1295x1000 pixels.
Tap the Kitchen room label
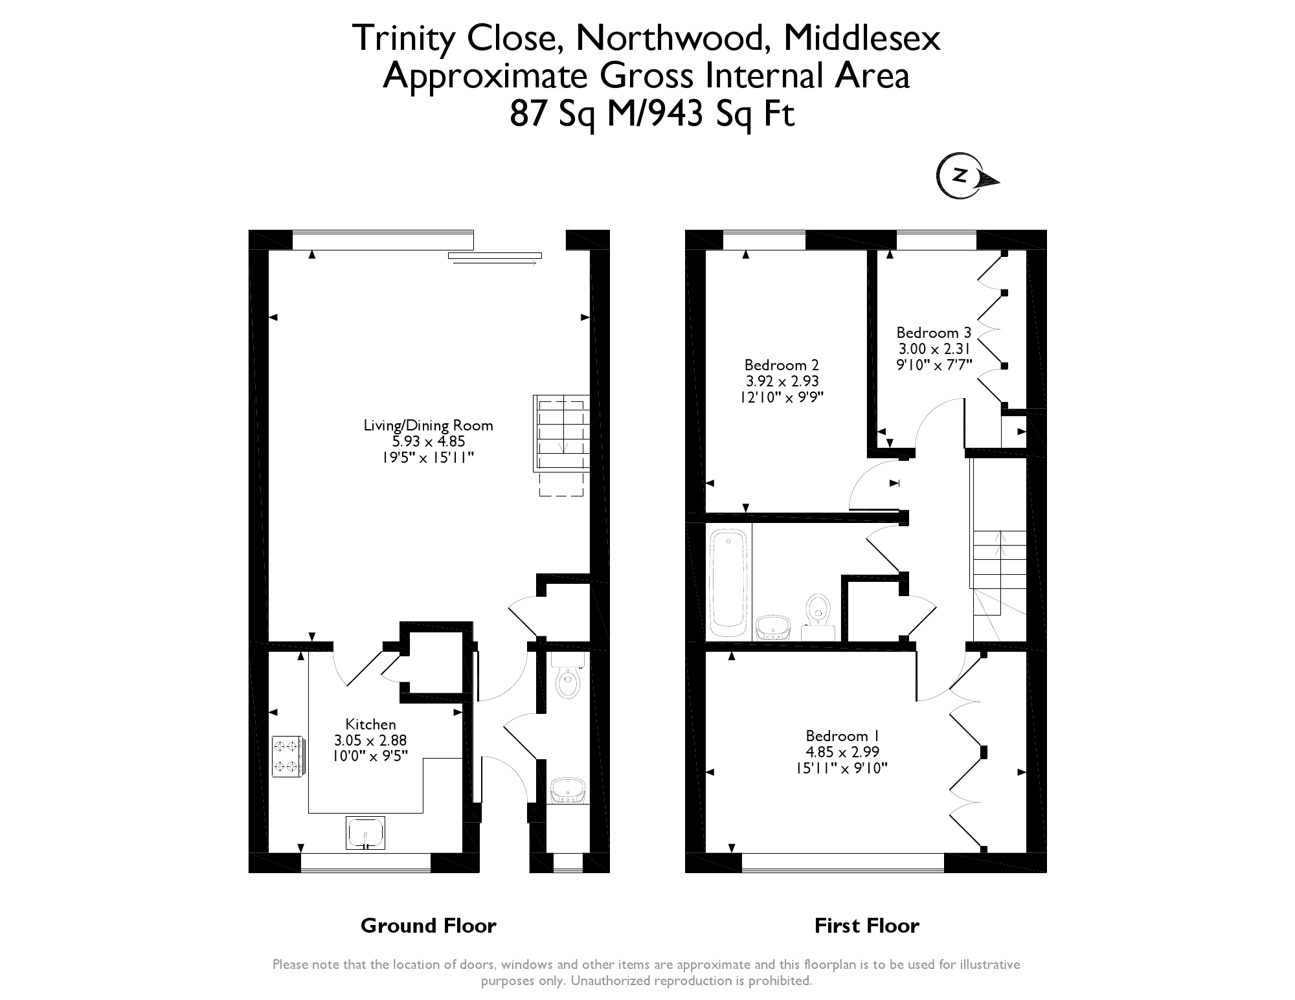370,724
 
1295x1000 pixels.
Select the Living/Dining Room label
428,425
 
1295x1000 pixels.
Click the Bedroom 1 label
842,736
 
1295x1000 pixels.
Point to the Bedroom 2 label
781,364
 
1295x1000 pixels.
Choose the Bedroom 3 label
934,333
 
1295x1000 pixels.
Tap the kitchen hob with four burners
287,756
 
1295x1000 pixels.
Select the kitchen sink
365,832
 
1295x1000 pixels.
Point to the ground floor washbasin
568,791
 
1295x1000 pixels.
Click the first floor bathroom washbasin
772,627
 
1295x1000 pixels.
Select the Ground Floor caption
428,926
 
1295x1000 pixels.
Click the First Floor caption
866,926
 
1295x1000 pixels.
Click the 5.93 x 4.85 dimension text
428,441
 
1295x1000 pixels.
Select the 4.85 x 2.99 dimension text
842,752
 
